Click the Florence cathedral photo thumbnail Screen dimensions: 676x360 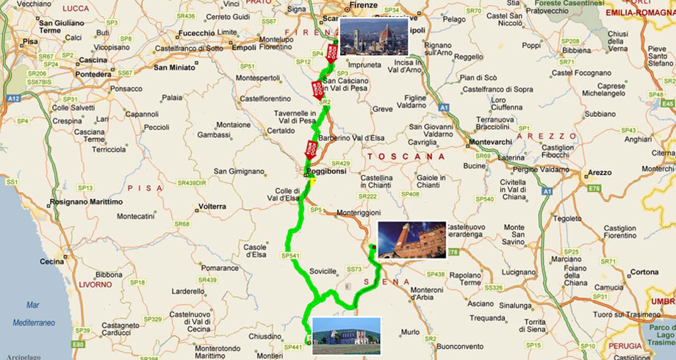click(x=373, y=35)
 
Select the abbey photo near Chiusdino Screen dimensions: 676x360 click(x=346, y=335)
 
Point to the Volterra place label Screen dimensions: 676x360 click(x=212, y=206)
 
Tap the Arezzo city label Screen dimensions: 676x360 click(x=599, y=173)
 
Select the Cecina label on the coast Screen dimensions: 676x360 click(x=51, y=260)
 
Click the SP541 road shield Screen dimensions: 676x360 click(x=290, y=256)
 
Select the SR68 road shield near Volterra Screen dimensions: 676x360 click(x=181, y=224)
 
